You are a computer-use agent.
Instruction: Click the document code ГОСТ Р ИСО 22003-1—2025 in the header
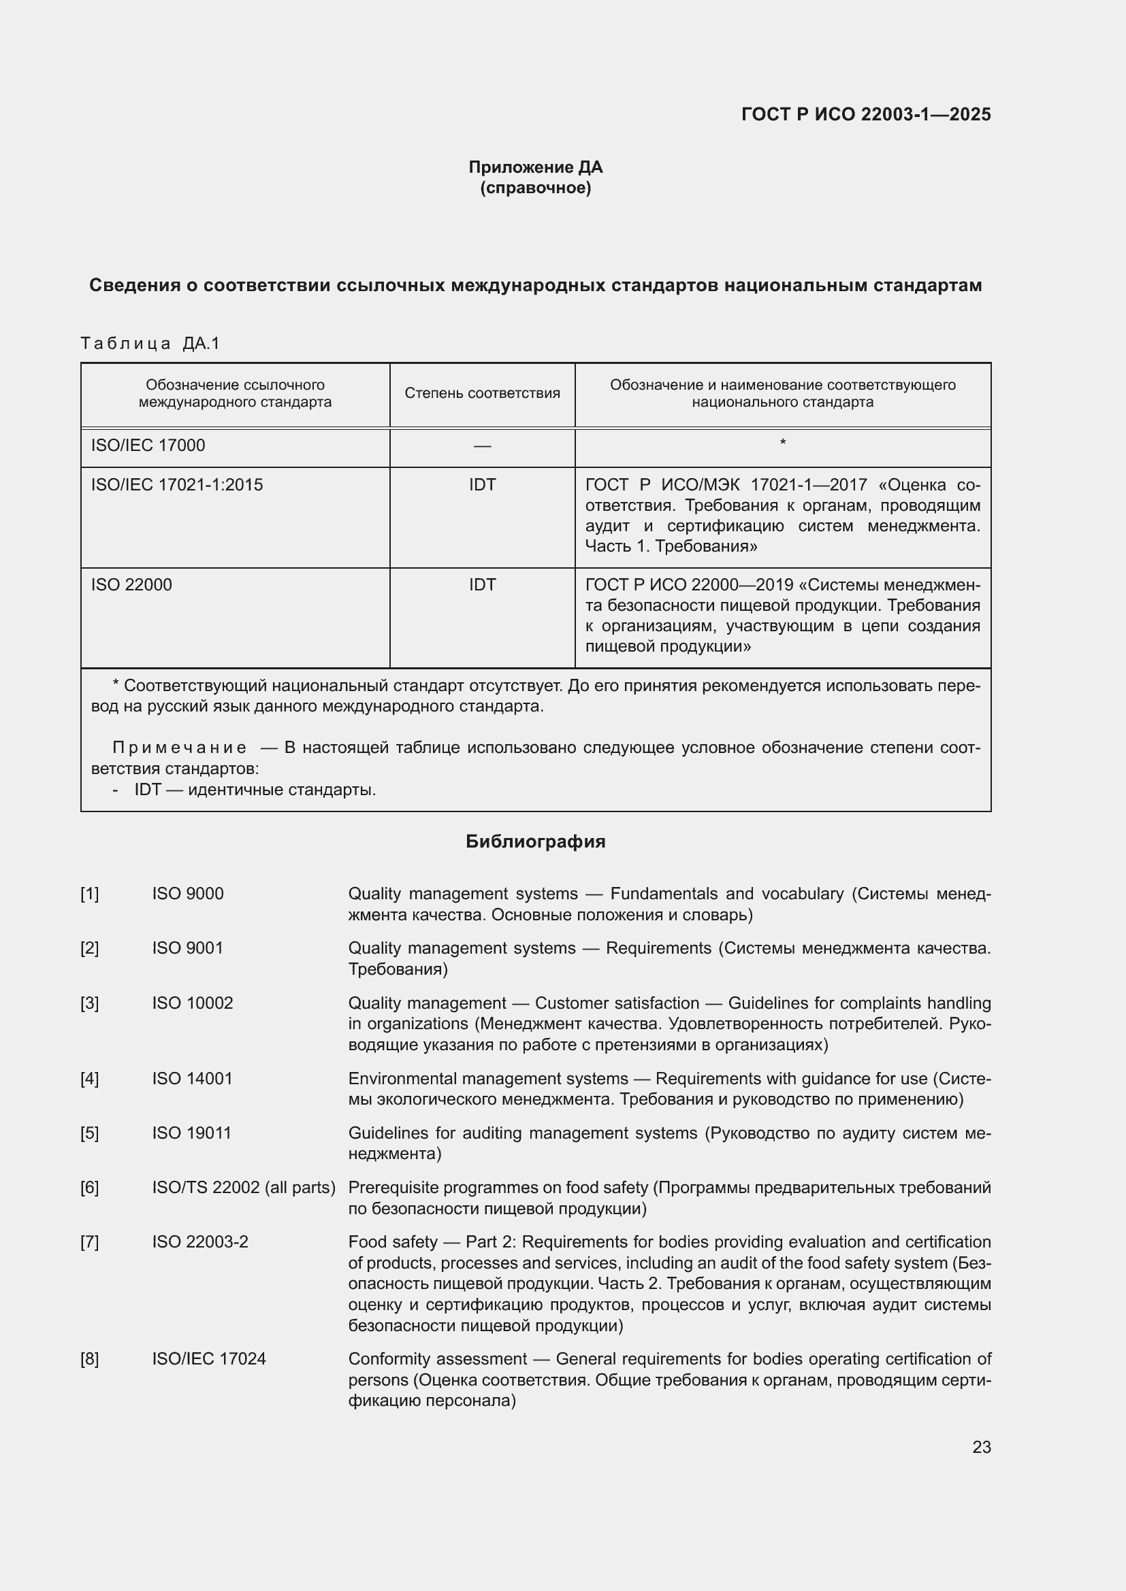[865, 114]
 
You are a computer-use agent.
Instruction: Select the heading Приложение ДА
[535, 167]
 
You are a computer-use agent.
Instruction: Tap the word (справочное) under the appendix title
[535, 188]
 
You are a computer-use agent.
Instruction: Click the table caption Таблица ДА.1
[150, 343]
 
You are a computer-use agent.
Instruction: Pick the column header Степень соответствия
[482, 394]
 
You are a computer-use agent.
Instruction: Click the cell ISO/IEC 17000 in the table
[148, 445]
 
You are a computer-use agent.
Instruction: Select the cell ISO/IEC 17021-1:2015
[177, 484]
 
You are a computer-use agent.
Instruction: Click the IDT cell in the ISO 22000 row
[482, 584]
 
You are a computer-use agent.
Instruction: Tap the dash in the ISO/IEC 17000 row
[482, 446]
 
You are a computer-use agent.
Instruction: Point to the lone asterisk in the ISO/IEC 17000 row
[782, 442]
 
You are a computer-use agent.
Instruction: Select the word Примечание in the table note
[179, 747]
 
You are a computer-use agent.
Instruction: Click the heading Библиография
[535, 841]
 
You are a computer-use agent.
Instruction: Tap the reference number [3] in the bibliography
[89, 1003]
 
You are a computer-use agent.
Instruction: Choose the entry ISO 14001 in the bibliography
[192, 1078]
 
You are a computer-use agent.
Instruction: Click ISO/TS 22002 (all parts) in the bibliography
[243, 1187]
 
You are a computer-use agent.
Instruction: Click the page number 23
[981, 1447]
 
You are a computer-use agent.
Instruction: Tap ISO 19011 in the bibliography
[191, 1133]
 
